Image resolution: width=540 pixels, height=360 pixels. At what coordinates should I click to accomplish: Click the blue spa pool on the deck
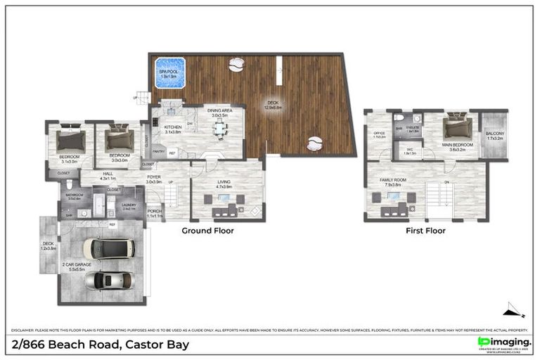[169, 72]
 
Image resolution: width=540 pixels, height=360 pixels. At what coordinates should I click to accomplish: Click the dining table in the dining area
[221, 127]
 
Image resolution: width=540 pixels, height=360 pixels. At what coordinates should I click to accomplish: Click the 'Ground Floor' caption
[208, 230]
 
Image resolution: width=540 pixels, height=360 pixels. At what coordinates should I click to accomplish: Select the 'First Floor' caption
[425, 230]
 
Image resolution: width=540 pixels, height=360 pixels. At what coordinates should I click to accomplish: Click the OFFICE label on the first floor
[380, 133]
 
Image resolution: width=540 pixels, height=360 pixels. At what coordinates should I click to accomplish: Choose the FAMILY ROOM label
[393, 180]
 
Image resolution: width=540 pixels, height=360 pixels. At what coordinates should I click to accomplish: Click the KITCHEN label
[173, 127]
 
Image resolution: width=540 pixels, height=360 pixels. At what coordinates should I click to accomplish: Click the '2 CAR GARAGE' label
[73, 264]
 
